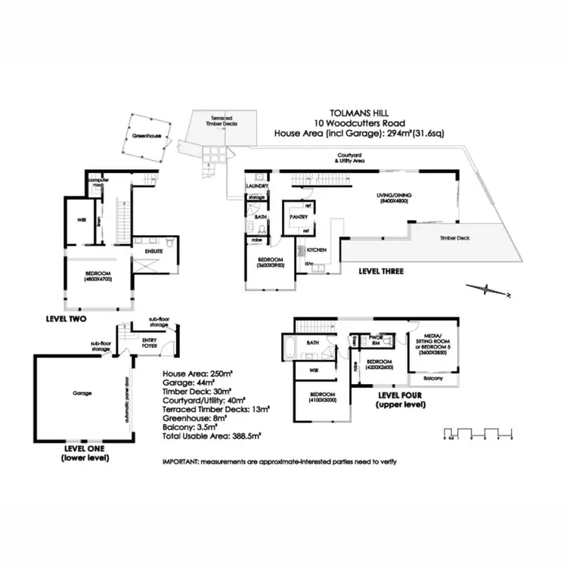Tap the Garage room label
click(82, 393)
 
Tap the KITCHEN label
click(316, 249)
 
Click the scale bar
click(479, 435)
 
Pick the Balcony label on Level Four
click(433, 376)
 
